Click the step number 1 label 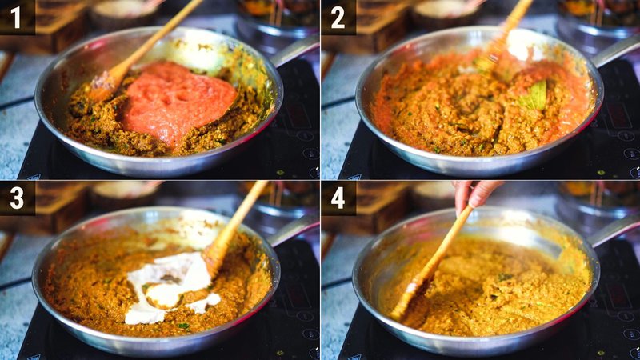point(16,17)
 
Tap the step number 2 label point(338,17)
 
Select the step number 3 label point(16,198)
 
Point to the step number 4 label point(338,198)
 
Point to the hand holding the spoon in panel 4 point(475,194)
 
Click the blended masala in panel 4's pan point(504,288)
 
